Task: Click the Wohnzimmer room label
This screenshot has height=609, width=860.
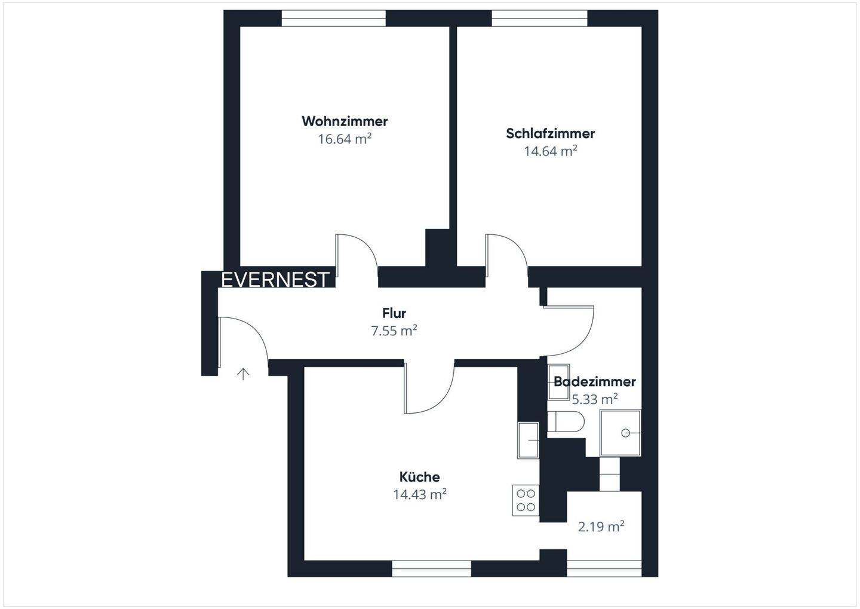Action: click(x=345, y=121)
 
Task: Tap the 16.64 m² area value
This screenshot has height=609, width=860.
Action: click(x=345, y=139)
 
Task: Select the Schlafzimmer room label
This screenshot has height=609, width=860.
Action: click(x=550, y=133)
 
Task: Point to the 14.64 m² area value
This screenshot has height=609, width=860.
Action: click(x=550, y=151)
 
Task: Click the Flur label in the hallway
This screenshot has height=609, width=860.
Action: click(x=394, y=313)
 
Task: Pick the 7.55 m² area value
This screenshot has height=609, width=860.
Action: click(x=394, y=330)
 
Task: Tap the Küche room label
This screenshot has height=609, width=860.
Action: click(x=419, y=477)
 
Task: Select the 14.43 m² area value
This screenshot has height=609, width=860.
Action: click(x=419, y=495)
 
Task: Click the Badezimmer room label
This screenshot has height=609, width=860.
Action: click(x=594, y=381)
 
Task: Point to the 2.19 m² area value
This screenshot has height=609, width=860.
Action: click(x=601, y=527)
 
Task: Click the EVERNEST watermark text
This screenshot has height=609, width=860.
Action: click(x=275, y=280)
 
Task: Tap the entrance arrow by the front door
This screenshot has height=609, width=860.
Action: click(x=243, y=374)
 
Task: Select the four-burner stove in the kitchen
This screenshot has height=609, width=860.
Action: click(x=526, y=500)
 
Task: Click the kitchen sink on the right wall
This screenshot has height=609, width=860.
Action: click(x=528, y=440)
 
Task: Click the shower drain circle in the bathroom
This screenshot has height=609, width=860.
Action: click(x=626, y=433)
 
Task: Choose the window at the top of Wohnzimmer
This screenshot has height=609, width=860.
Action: click(x=333, y=20)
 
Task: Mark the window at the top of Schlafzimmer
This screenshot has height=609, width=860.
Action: click(x=540, y=20)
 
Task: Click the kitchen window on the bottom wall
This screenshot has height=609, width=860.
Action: click(x=431, y=568)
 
